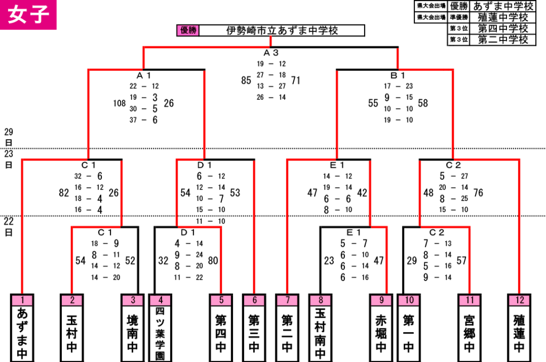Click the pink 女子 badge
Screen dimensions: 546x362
pos(28,14)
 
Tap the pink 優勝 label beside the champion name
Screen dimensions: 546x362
pos(188,30)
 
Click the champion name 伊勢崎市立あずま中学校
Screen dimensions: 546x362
pos(282,30)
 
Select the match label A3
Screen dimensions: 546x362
pos(271,53)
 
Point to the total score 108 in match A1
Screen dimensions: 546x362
pos(119,103)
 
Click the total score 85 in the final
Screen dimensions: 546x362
pos(246,81)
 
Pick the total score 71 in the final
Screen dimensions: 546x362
pos(295,81)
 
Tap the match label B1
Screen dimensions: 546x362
pos(398,76)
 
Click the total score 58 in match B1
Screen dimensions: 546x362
pos(423,103)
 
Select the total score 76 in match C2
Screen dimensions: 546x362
pos(478,193)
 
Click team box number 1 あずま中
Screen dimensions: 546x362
pos(22,328)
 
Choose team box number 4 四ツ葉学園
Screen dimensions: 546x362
pos(160,328)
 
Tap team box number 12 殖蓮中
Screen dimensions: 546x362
pos(519,328)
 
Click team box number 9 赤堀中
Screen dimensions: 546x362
pos(381,328)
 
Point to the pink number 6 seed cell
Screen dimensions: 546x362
pos(254,300)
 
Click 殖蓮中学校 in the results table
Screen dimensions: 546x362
pos(502,17)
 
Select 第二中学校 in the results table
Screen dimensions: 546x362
pos(502,39)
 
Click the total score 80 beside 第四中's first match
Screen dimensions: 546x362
pos(213,261)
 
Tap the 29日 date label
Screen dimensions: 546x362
pos(9,137)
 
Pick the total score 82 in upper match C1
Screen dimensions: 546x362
pos(64,193)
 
